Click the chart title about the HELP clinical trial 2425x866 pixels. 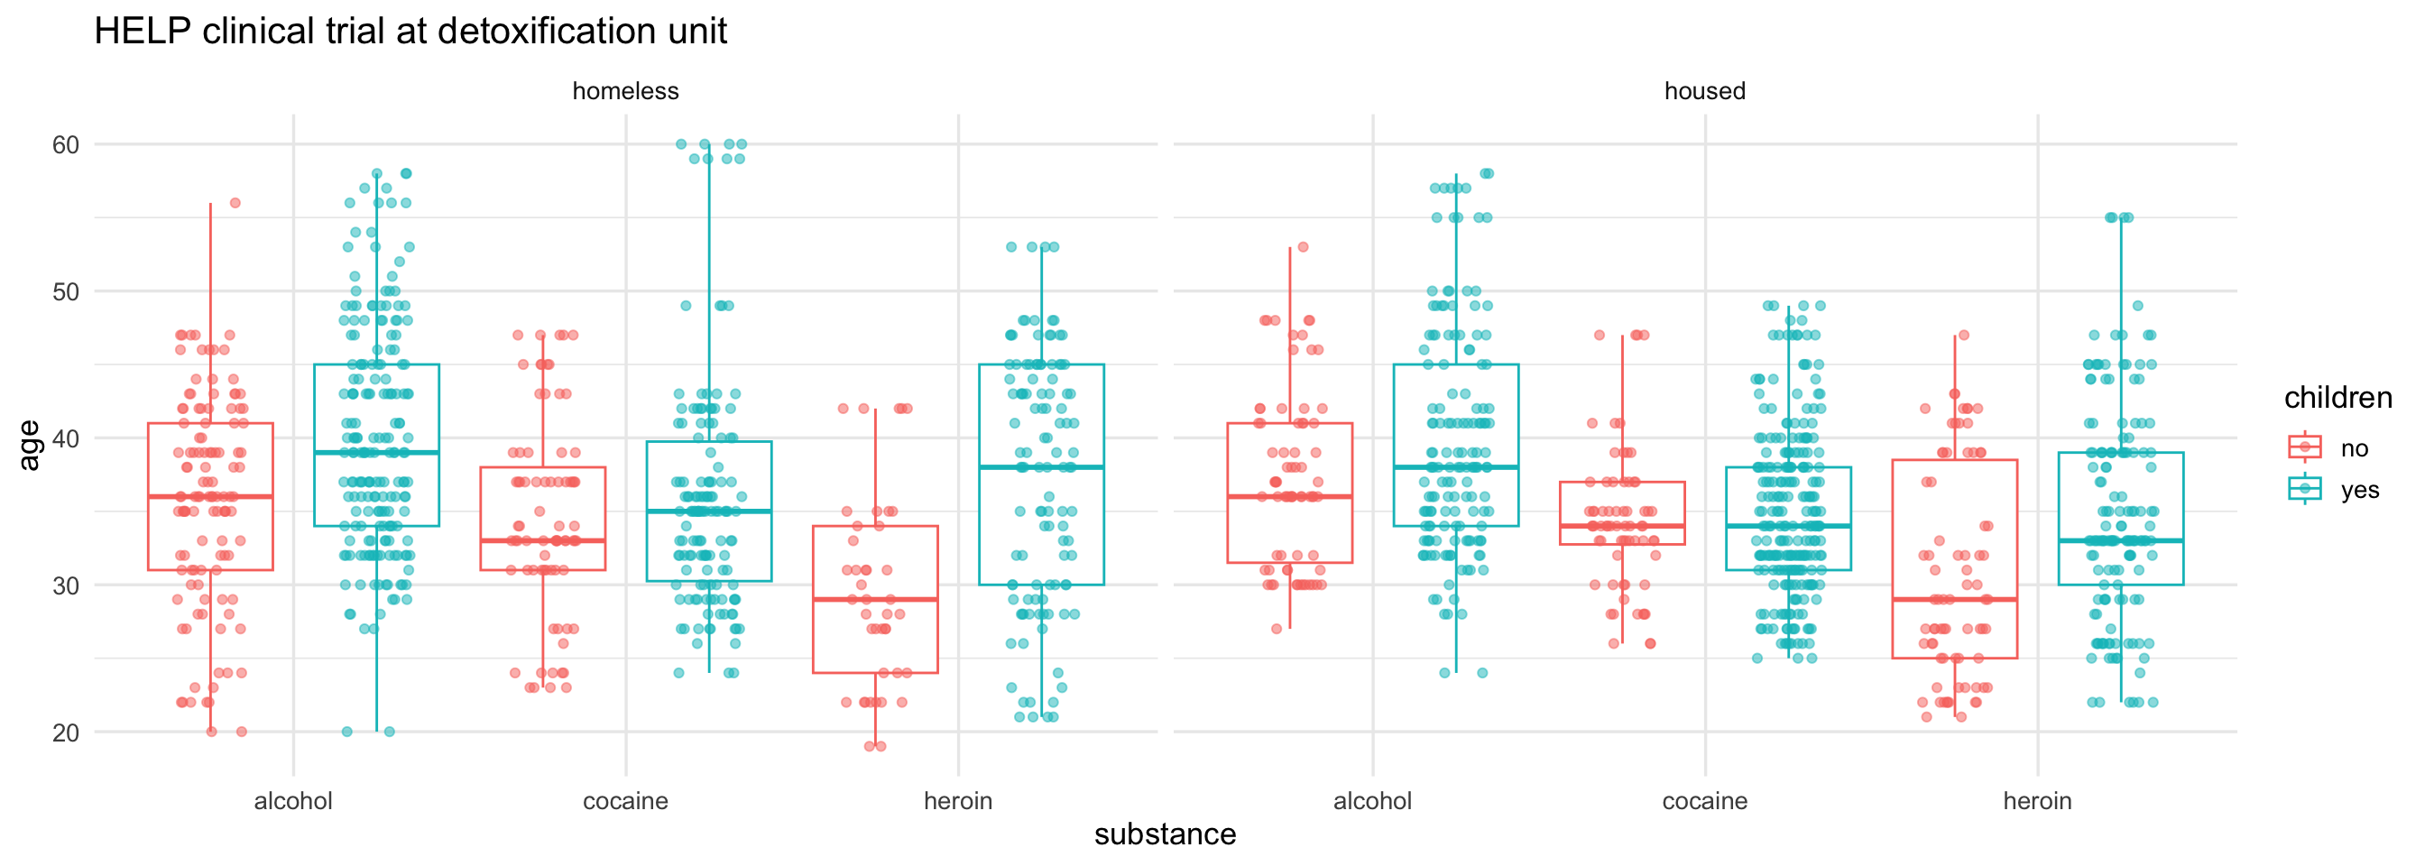[x=410, y=32]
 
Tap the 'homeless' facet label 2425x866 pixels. [x=625, y=91]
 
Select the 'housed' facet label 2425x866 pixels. [x=1704, y=91]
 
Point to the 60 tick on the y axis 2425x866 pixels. [x=66, y=145]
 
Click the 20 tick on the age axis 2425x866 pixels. [x=66, y=732]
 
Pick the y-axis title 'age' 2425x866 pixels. [x=30, y=445]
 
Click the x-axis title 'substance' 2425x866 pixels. [x=1165, y=834]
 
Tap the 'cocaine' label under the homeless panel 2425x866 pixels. [x=625, y=801]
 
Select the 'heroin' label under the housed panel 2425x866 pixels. [x=2037, y=801]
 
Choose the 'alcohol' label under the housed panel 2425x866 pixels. [x=1371, y=801]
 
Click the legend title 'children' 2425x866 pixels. [x=2337, y=398]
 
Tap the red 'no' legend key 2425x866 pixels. [x=2304, y=447]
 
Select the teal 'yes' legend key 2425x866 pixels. [x=2304, y=489]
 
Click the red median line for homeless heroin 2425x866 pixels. [x=875, y=600]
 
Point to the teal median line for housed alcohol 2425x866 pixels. [x=1455, y=467]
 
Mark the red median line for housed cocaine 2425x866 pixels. [x=1622, y=526]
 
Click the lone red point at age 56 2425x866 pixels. [x=235, y=203]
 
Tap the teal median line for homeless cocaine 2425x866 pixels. [x=709, y=511]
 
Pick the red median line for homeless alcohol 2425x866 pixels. [x=210, y=496]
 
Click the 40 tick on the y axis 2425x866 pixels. [x=66, y=438]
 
